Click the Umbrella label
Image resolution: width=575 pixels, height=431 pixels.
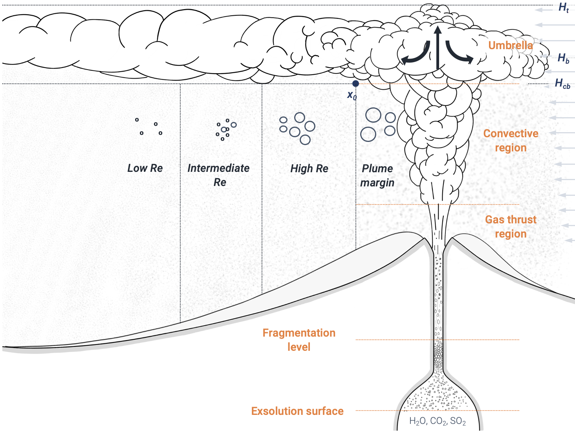pyautogui.click(x=510, y=46)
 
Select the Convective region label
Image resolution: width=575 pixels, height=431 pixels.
pyautogui.click(x=511, y=140)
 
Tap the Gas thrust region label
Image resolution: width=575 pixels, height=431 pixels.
pyautogui.click(x=511, y=227)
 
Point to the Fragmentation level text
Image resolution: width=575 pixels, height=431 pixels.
pyautogui.click(x=299, y=340)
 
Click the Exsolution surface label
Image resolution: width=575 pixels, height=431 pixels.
pyautogui.click(x=297, y=411)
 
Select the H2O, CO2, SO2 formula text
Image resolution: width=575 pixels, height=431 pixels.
pyautogui.click(x=438, y=421)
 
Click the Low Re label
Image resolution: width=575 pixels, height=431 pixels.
pyautogui.click(x=145, y=168)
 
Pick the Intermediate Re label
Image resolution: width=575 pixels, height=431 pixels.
pyautogui.click(x=218, y=175)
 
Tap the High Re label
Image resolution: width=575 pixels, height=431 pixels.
pyautogui.click(x=309, y=169)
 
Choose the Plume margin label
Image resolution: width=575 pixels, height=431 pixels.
pyautogui.click(x=377, y=175)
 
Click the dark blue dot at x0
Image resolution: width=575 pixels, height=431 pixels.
pyautogui.click(x=355, y=83)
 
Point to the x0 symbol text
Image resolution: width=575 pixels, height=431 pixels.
pyautogui.click(x=352, y=95)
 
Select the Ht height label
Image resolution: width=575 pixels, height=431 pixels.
pyautogui.click(x=564, y=7)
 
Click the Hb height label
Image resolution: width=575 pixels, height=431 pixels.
pyautogui.click(x=563, y=58)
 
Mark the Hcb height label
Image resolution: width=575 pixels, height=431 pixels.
pyautogui.click(x=562, y=83)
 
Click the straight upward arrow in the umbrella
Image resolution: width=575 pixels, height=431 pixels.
pyautogui.click(x=438, y=47)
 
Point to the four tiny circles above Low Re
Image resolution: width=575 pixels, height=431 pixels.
pyautogui.click(x=149, y=127)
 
